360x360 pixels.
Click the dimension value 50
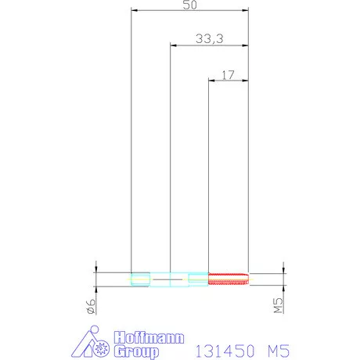coord(189,5)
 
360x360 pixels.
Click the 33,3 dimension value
coord(210,38)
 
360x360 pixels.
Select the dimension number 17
coord(228,75)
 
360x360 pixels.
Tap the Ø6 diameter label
coord(91,306)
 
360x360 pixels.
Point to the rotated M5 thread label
coord(278,305)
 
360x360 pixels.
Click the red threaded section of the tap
coord(229,279)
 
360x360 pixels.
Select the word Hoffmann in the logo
coord(149,337)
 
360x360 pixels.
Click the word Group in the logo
coord(136,351)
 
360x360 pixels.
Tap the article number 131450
coord(225,351)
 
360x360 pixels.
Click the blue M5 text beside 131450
coord(279,351)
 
